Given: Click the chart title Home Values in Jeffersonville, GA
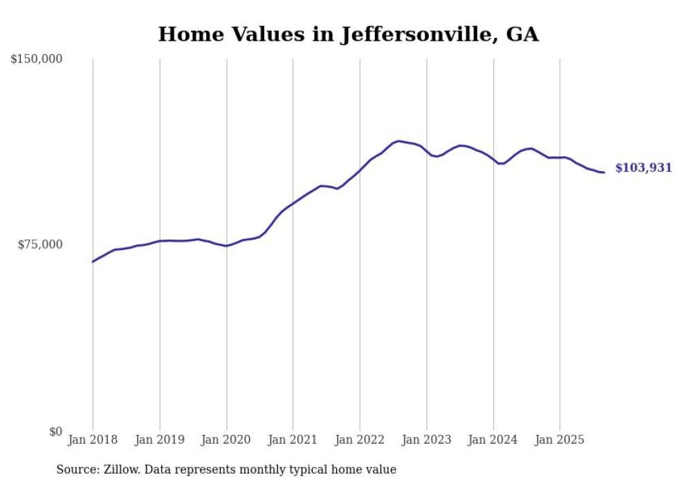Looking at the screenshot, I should click(x=348, y=34).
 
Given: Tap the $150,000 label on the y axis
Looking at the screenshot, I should click(x=37, y=60).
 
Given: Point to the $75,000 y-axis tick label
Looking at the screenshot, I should click(x=40, y=244).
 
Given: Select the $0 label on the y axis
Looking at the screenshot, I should click(x=55, y=431).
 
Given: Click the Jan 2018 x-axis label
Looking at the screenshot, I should click(x=93, y=440).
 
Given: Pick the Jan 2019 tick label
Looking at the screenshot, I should click(x=160, y=440).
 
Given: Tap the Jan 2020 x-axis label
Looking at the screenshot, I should click(x=226, y=440).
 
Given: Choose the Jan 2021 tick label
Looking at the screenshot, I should click(x=293, y=440).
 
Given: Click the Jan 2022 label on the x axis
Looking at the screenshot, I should click(x=360, y=440).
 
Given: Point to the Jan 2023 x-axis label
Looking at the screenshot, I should click(x=426, y=440).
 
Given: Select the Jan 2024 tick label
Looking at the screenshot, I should click(x=493, y=440).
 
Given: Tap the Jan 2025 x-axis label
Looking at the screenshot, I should click(x=560, y=440).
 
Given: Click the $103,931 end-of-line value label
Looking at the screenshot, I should click(x=643, y=168).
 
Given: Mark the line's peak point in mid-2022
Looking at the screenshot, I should click(x=398, y=141).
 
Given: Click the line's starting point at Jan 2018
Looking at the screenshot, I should click(x=93, y=262).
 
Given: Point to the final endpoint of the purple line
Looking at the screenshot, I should click(x=604, y=172).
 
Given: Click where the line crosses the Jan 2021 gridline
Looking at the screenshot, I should click(x=293, y=204).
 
